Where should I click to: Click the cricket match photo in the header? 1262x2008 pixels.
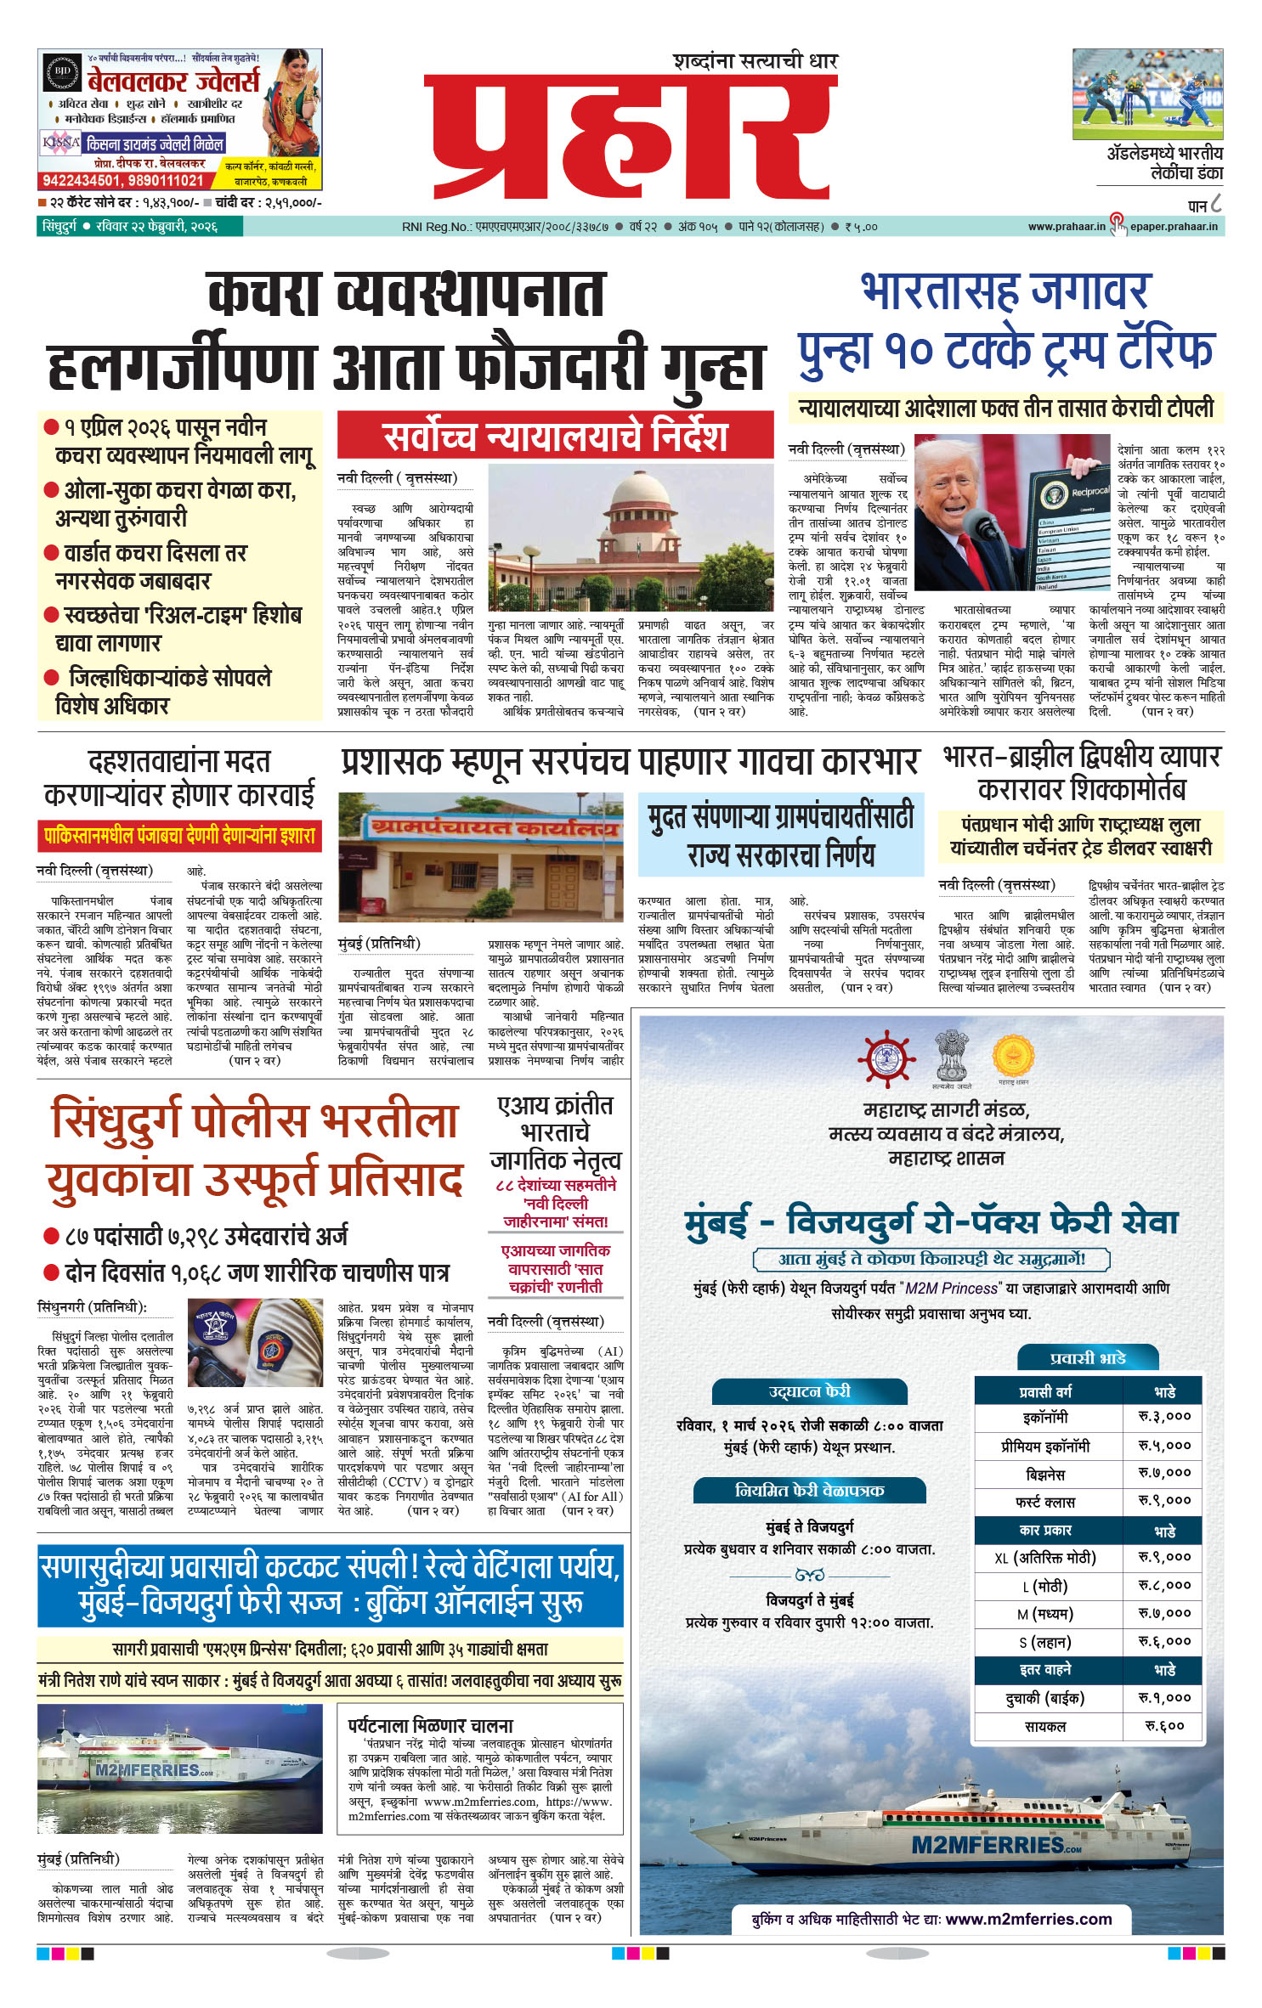point(1147,93)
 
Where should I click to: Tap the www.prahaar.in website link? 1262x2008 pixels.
point(1066,227)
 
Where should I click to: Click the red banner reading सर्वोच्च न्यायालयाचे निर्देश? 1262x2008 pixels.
point(555,435)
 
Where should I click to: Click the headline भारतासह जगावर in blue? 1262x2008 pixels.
point(1005,291)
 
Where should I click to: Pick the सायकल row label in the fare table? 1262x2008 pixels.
point(1044,1727)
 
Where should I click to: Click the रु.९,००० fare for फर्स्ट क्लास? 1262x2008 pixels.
point(1163,1501)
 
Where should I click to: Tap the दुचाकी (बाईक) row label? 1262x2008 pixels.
point(1044,1699)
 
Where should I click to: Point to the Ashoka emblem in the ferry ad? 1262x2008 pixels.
point(951,1055)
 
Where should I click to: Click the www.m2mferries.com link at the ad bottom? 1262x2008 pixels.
point(1028,1919)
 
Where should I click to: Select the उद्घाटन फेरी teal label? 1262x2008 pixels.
point(809,1391)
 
